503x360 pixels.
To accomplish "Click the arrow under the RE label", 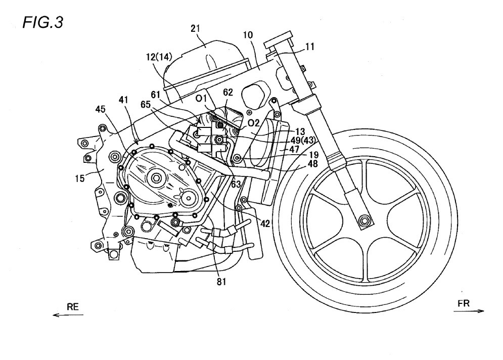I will point(67,315).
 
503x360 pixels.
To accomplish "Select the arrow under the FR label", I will point(469,311).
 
